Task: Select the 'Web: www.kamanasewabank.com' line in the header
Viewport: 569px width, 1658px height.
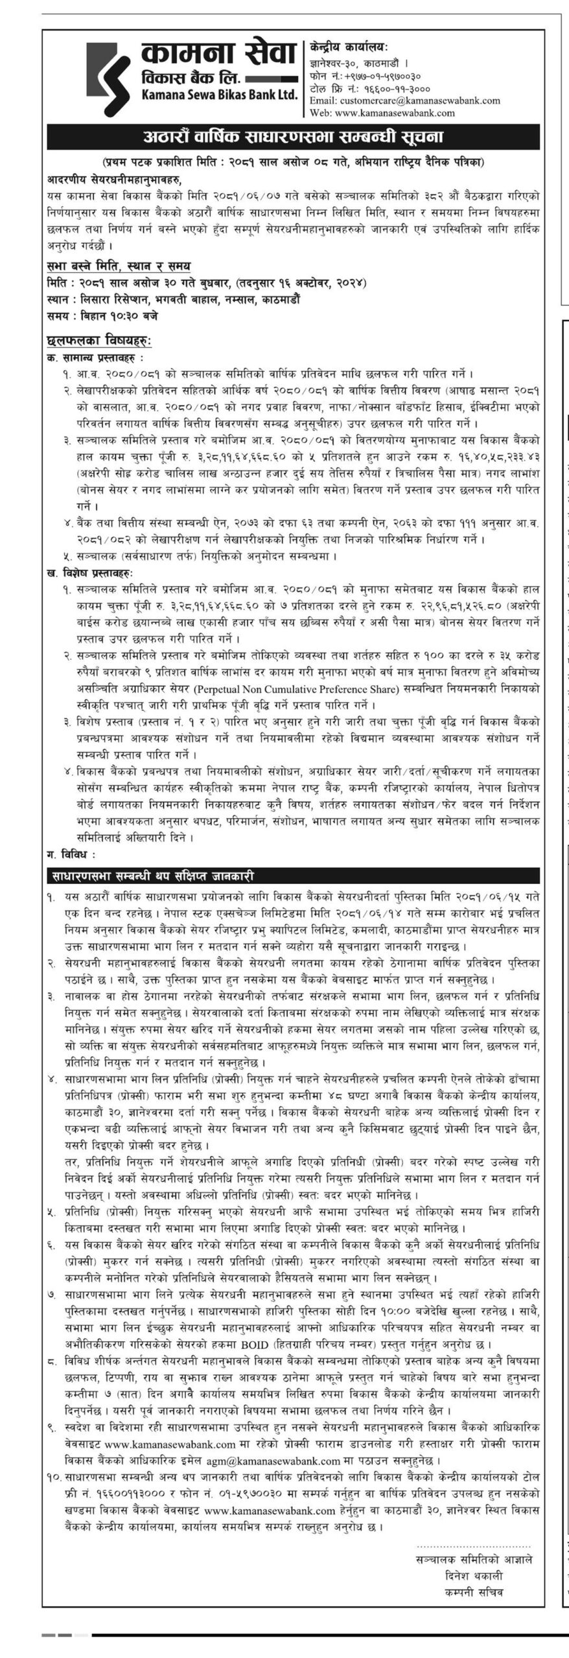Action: point(382,112)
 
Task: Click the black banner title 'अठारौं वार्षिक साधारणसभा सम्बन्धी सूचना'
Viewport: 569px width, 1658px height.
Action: point(293,137)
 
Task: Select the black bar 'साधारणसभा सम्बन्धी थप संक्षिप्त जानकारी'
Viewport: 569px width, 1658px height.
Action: point(152,876)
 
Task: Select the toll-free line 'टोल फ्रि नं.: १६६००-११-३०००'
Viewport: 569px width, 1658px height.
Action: point(370,88)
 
